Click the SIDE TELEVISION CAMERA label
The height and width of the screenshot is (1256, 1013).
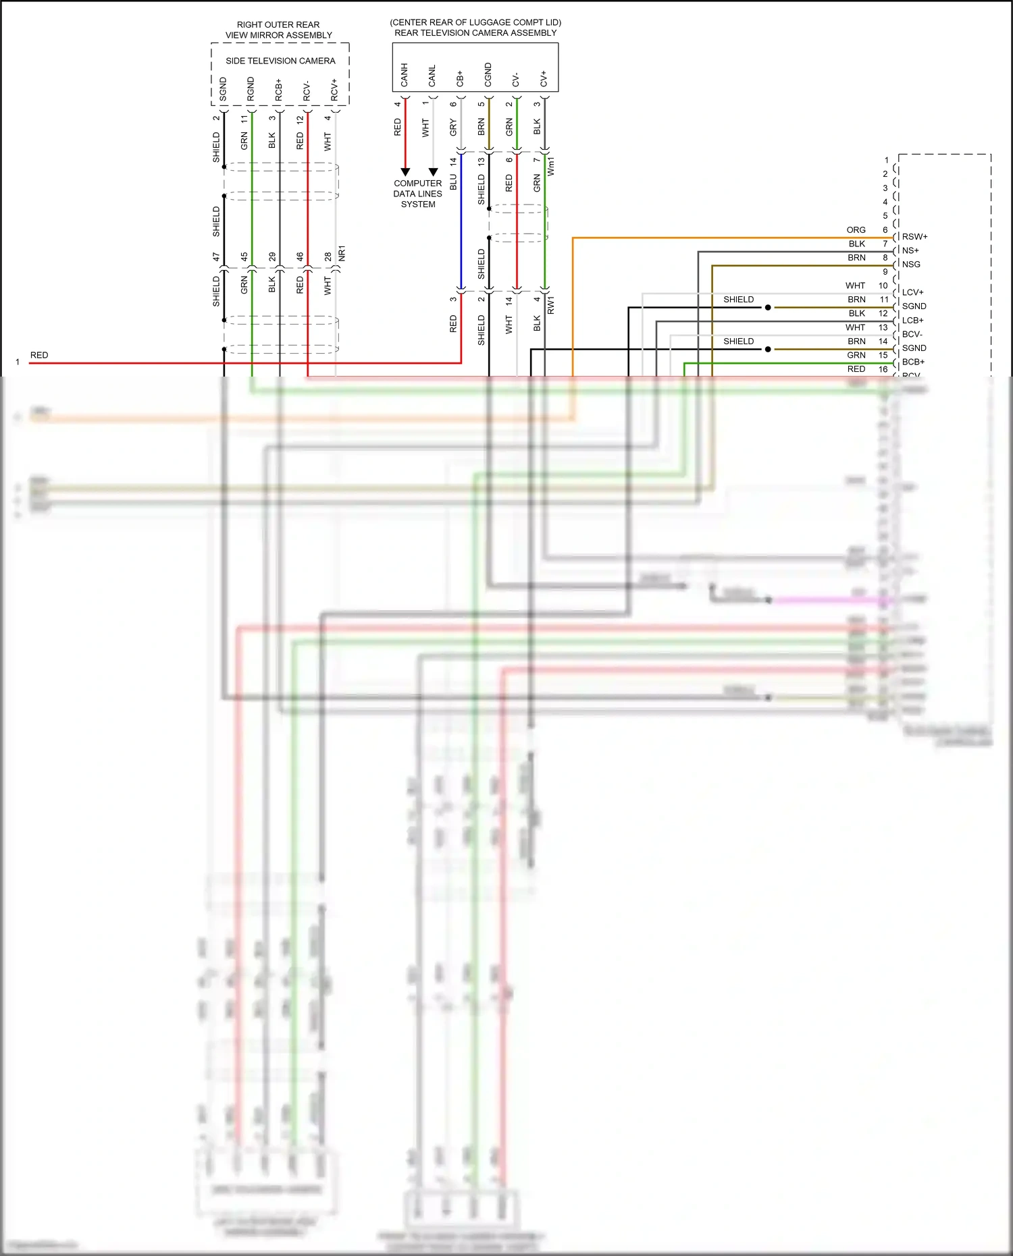280,61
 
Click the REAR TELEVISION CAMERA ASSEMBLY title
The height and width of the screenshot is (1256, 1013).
475,32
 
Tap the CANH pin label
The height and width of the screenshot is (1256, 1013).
405,75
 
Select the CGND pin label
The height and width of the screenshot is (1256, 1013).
488,75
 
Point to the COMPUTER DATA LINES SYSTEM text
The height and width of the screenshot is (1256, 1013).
418,194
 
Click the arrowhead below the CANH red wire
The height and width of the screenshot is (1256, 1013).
405,172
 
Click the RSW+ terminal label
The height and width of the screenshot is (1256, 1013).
914,237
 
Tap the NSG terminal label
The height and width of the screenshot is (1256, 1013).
911,265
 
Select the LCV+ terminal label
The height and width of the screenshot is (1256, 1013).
912,292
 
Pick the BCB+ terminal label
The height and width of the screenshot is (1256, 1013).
913,362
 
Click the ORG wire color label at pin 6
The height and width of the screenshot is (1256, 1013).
856,230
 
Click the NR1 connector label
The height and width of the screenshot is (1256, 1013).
342,253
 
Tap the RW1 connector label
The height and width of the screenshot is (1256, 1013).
550,305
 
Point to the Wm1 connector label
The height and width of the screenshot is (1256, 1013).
550,167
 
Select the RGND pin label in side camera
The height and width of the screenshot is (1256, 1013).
251,89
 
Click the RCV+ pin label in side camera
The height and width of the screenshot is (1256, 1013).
334,90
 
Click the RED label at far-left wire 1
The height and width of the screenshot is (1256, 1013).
39,355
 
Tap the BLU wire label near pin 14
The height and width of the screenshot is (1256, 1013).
453,182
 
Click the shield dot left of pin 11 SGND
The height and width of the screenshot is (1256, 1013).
768,308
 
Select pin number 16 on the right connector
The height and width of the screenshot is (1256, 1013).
883,369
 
